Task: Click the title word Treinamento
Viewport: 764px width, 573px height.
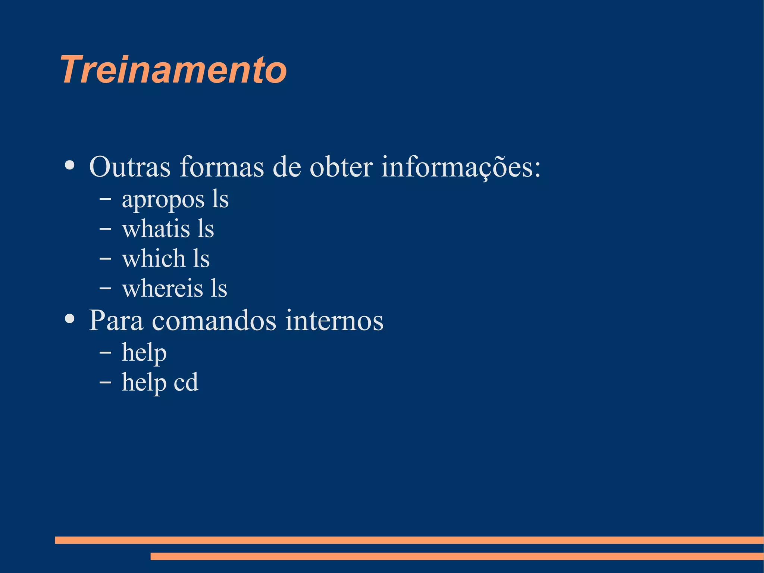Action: pyautogui.click(x=173, y=70)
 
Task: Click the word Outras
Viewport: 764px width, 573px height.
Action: pyautogui.click(x=130, y=167)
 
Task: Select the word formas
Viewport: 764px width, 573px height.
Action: pyautogui.click(x=222, y=167)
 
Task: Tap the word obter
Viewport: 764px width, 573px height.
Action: pyautogui.click(x=341, y=167)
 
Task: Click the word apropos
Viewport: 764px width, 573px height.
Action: pyautogui.click(x=163, y=200)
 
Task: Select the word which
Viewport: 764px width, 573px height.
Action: pyautogui.click(x=154, y=259)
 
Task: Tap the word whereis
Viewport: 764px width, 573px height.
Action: pyautogui.click(x=162, y=289)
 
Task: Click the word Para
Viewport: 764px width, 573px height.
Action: pyautogui.click(x=116, y=320)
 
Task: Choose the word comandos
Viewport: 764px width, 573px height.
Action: pyautogui.click(x=214, y=320)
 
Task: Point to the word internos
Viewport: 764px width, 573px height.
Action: pyautogui.click(x=334, y=320)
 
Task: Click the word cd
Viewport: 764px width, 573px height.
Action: pyautogui.click(x=186, y=382)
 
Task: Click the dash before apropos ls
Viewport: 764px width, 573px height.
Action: pyautogui.click(x=105, y=199)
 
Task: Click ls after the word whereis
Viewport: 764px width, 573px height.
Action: pyautogui.click(x=219, y=289)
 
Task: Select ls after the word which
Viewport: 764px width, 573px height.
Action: pyautogui.click(x=201, y=259)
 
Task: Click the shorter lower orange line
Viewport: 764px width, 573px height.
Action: pyautogui.click(x=457, y=556)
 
